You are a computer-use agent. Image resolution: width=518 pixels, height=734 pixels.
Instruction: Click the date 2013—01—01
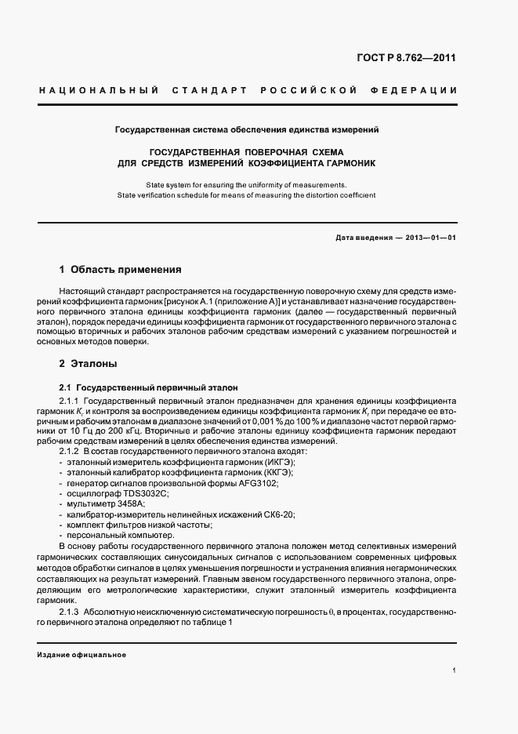[x=430, y=238]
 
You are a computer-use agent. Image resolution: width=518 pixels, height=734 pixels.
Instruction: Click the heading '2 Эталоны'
[x=89, y=364]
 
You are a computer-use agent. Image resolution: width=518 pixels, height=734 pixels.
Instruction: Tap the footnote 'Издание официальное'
[x=82, y=654]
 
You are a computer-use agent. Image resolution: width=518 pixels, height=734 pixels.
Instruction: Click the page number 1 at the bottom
[x=455, y=670]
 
